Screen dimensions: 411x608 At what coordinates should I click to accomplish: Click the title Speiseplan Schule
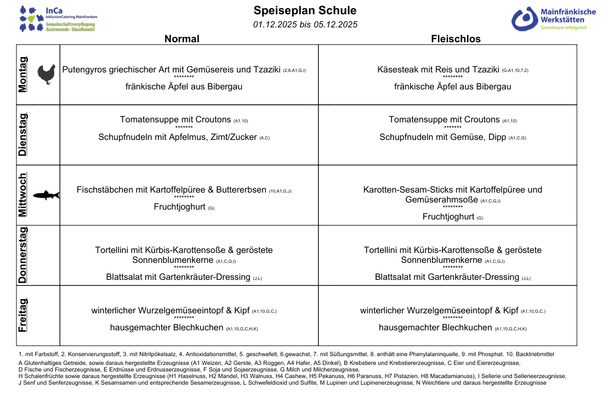(305, 10)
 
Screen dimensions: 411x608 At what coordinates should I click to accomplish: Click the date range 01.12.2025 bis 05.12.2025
(305, 24)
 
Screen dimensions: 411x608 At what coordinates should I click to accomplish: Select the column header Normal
(182, 39)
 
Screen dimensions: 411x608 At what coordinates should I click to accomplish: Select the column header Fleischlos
(456, 39)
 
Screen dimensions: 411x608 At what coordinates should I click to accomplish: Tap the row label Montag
(23, 74)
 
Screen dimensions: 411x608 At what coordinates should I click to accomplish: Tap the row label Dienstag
(23, 135)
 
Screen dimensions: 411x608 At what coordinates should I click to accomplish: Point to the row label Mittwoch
(23, 195)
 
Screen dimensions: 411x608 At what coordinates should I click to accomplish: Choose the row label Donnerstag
(23, 255)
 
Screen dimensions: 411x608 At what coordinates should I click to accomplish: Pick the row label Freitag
(23, 316)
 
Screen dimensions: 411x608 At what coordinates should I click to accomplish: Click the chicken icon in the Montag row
(47, 74)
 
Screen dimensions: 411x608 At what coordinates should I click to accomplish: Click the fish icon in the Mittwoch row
(47, 195)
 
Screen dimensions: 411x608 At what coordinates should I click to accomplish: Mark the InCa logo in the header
(58, 18)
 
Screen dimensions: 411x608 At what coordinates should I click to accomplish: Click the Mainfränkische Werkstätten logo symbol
(525, 19)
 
